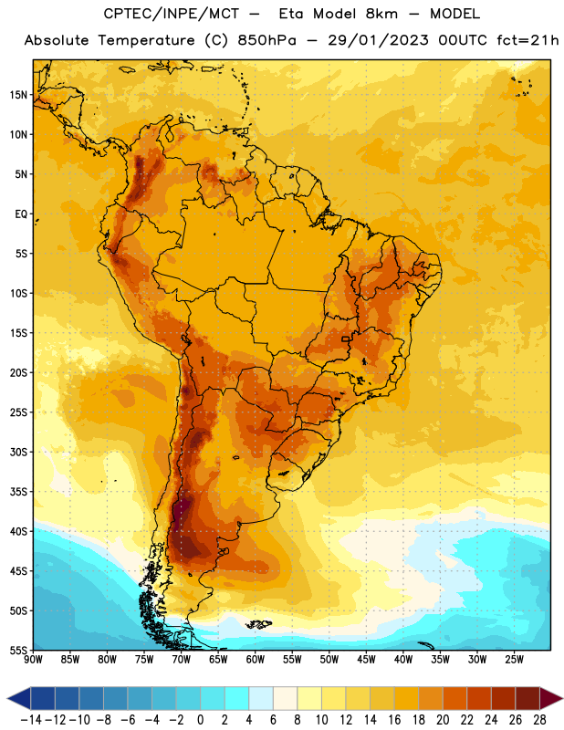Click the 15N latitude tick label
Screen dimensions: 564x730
tap(18, 95)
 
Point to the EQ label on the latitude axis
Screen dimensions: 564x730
tap(21, 214)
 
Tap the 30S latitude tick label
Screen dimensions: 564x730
tap(18, 452)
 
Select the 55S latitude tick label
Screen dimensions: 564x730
tap(18, 650)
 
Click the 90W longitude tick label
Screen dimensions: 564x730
tap(33, 660)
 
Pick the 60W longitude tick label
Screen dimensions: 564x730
tap(256, 660)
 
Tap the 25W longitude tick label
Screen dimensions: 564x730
tap(515, 660)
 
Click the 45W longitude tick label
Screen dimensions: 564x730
tap(367, 660)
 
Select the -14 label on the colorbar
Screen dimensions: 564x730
tap(32, 720)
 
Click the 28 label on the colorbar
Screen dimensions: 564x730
tap(539, 720)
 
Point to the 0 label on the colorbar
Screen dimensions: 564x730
tap(201, 720)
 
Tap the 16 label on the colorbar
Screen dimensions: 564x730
tap(394, 720)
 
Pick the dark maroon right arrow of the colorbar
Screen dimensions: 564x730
tap(550, 698)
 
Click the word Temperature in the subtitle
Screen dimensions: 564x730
tap(146, 40)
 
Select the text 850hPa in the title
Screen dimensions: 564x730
tap(266, 40)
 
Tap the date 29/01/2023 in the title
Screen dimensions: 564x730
tap(378, 40)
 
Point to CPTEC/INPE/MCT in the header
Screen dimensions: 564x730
tap(172, 14)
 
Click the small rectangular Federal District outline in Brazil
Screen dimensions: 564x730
tap(346, 339)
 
